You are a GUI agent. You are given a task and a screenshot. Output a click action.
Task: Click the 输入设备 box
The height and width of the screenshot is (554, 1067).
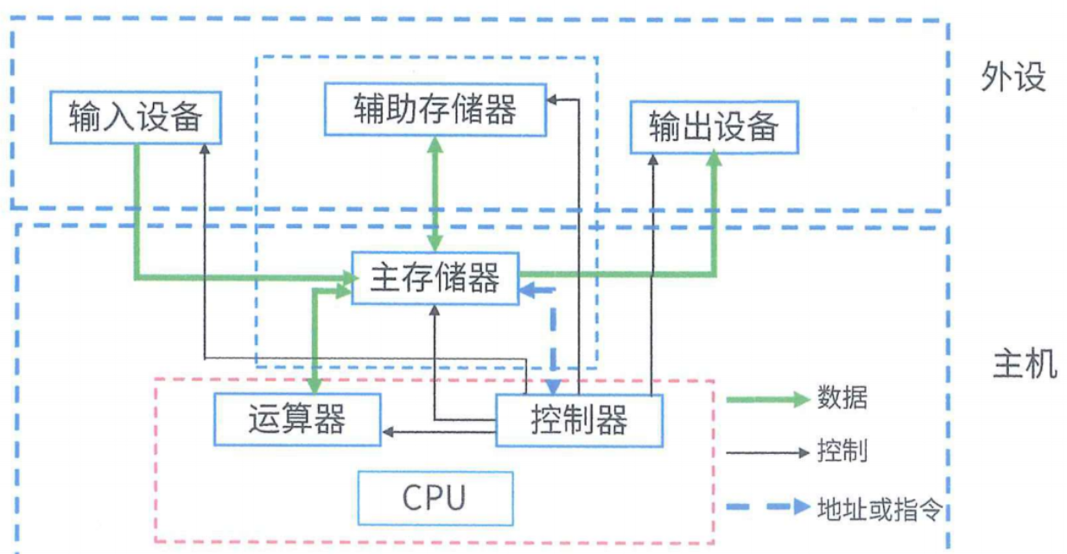[136, 117]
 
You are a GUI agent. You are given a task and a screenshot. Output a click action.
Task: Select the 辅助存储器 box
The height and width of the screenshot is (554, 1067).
[435, 109]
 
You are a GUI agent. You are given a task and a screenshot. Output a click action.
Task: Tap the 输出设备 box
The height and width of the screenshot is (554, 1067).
[714, 127]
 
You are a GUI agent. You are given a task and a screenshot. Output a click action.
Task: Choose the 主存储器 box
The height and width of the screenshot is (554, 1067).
[435, 277]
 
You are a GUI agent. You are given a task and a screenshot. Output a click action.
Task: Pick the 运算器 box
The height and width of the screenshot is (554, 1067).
[296, 419]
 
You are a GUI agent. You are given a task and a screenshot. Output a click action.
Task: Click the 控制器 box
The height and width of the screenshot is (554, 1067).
[579, 420]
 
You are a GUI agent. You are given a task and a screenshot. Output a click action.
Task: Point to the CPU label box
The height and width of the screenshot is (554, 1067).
[435, 498]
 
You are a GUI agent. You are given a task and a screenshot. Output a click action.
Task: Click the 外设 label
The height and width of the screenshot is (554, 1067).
[1013, 78]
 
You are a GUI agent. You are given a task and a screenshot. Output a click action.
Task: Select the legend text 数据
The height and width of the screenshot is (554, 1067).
[842, 398]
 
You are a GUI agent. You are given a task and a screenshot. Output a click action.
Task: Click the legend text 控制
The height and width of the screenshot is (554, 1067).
[842, 451]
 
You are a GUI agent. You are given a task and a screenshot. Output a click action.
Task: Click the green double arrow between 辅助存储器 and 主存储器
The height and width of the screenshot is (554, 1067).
[435, 194]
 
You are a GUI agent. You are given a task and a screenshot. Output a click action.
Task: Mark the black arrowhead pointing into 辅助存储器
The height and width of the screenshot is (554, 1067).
[553, 99]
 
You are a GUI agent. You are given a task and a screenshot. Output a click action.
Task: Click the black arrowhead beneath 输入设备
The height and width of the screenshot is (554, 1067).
[204, 149]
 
